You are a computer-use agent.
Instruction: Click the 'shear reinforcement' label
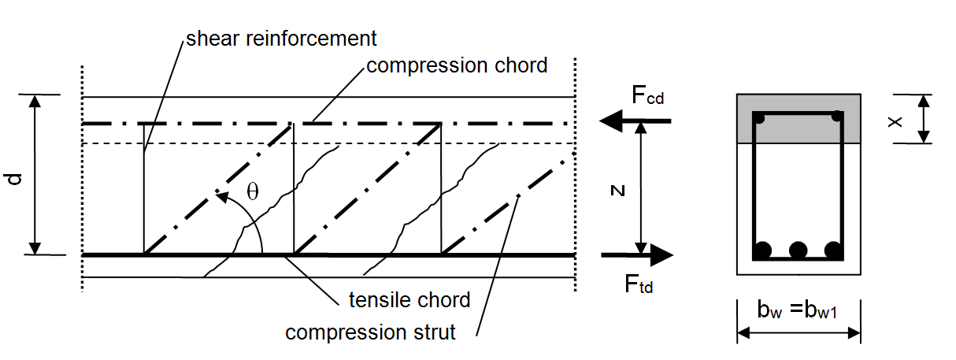281,38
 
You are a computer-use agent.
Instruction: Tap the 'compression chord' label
457,65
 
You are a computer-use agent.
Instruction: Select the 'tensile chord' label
409,300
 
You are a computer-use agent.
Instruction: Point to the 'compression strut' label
370,332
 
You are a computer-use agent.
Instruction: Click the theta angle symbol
252,192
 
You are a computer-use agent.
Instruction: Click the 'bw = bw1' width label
799,311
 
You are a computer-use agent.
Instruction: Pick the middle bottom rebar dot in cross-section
799,251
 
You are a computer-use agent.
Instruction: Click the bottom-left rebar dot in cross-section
762,251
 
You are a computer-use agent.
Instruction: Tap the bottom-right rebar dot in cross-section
834,251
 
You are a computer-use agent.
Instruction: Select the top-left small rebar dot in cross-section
760,118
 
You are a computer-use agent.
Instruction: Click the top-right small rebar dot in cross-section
837,117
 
